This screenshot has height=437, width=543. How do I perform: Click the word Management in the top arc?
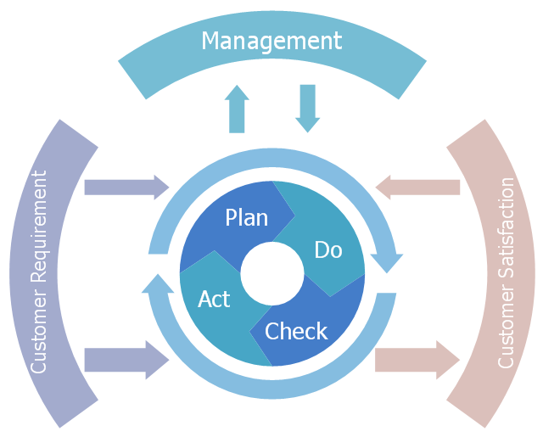(x=271, y=42)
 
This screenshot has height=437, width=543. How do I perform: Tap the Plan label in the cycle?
(x=247, y=218)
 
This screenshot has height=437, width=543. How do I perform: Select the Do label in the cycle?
(x=328, y=249)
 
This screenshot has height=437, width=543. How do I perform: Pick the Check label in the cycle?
(x=296, y=331)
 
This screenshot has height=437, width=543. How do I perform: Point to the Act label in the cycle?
(x=214, y=300)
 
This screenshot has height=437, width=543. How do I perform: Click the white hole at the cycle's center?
(x=272, y=273)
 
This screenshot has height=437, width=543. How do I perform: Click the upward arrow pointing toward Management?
(x=237, y=109)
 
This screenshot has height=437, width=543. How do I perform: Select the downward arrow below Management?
(x=307, y=109)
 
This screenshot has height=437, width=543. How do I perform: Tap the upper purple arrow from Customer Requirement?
(x=126, y=188)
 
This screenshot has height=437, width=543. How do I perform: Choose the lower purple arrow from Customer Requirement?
(x=126, y=360)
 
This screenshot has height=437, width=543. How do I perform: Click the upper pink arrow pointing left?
(x=417, y=188)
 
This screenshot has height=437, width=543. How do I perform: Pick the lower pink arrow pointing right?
(x=417, y=360)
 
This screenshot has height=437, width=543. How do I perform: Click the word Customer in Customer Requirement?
(x=38, y=333)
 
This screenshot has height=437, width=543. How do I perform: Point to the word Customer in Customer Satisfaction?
(x=506, y=327)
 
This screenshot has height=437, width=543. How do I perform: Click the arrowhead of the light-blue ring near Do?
(x=387, y=263)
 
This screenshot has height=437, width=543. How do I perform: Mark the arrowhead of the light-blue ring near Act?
(x=158, y=283)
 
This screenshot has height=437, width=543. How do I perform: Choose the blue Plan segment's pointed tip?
(x=294, y=216)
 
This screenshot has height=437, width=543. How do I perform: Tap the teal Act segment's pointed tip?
(x=215, y=250)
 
